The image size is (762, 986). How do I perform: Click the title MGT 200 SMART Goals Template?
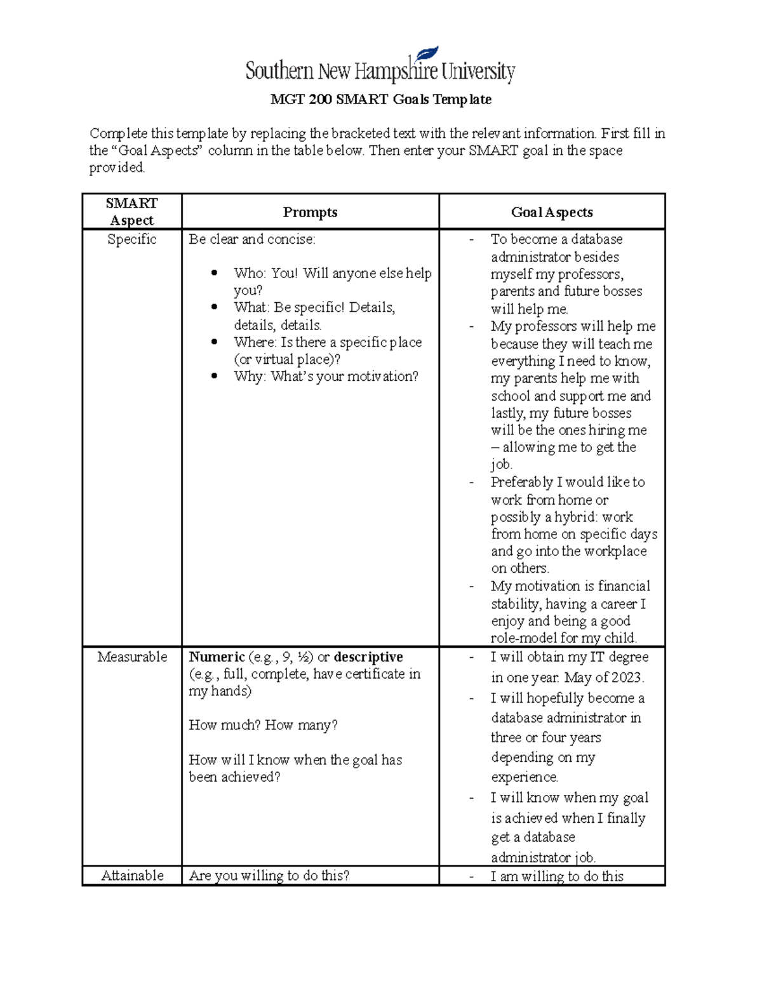(x=380, y=100)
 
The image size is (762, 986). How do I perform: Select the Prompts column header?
(x=310, y=212)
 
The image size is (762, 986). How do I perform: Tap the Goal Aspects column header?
(x=552, y=212)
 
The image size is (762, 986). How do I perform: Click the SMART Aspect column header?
(x=131, y=211)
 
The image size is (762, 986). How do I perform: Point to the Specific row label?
(x=131, y=239)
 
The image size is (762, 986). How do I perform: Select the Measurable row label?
(x=132, y=656)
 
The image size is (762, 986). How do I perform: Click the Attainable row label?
(x=132, y=876)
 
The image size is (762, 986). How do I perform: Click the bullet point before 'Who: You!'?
(x=215, y=273)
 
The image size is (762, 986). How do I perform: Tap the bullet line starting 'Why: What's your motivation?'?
(x=326, y=376)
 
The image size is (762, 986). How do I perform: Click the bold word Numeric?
(x=217, y=656)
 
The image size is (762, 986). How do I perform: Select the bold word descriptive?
(x=368, y=656)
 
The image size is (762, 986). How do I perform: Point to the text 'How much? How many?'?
(x=263, y=725)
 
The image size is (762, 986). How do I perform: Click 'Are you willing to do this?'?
(x=269, y=876)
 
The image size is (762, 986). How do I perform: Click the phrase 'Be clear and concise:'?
(x=251, y=239)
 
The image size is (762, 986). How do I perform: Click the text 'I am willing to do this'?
(x=557, y=876)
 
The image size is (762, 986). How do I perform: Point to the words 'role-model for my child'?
(x=563, y=638)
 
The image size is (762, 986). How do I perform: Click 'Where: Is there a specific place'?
(x=328, y=342)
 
